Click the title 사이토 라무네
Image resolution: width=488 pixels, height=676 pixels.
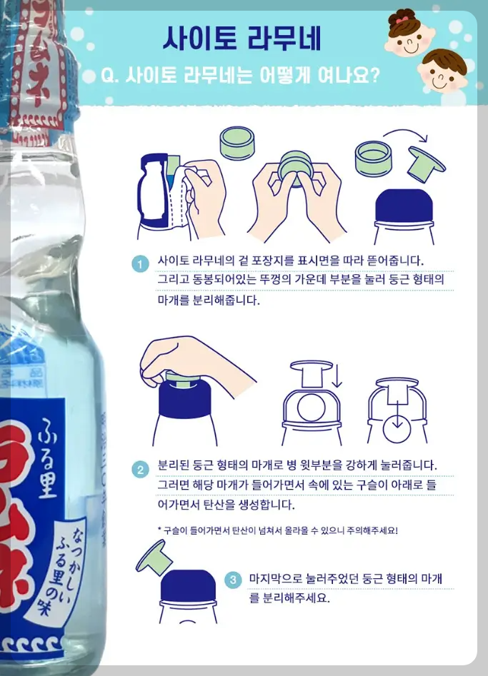click(241, 39)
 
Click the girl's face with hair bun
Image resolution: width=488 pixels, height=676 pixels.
click(407, 34)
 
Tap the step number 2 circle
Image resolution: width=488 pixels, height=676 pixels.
click(141, 470)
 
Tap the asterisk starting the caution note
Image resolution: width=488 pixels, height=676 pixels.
click(159, 531)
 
